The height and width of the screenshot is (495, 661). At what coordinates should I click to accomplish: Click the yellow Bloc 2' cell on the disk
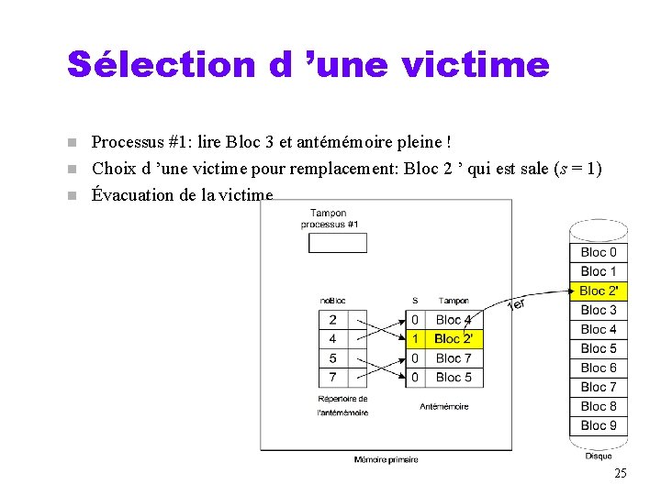[599, 291]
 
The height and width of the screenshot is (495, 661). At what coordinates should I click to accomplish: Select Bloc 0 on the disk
[599, 252]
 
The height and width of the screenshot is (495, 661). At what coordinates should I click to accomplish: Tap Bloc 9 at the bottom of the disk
[599, 425]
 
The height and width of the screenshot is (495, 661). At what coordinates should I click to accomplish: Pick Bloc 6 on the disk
[599, 368]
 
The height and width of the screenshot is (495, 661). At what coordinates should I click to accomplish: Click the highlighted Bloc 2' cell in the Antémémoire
[454, 339]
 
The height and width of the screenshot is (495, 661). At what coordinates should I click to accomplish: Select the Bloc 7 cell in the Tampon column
[454, 358]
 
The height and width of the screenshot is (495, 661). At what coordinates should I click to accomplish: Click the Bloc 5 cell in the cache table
[454, 377]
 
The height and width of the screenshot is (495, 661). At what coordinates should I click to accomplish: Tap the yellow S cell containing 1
[415, 339]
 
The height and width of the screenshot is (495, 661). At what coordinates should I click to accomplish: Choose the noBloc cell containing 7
[332, 377]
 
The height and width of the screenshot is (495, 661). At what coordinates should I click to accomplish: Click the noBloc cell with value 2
[332, 320]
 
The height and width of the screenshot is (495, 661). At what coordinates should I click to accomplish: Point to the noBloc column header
[332, 301]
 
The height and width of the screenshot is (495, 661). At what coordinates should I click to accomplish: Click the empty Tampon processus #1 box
[337, 243]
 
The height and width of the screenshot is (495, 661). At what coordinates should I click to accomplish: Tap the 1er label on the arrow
[516, 303]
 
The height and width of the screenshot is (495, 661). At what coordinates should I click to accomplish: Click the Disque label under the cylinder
[598, 456]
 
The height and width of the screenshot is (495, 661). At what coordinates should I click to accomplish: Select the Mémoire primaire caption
[386, 459]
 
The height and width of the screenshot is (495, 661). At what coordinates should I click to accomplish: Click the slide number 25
[620, 473]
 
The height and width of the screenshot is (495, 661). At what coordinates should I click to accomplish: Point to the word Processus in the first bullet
[127, 142]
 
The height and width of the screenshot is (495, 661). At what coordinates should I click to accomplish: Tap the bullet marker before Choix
[73, 169]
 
